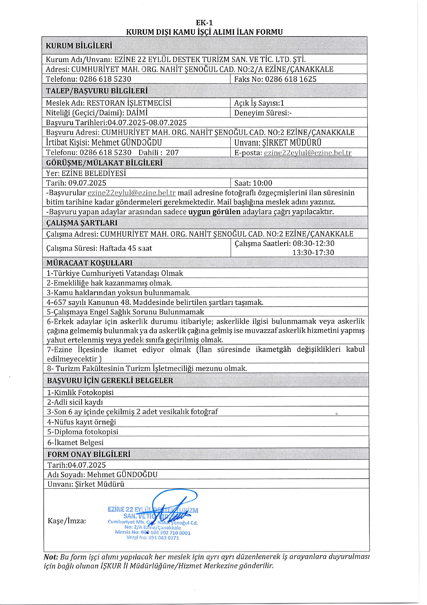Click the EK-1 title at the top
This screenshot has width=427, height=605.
pos(204,23)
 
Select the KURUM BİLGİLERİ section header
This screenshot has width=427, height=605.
pos(79,46)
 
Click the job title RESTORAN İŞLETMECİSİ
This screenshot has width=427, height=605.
pos(129,103)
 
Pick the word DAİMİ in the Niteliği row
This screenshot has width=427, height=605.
pos(137,113)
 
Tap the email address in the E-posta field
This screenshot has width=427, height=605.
pos(307,153)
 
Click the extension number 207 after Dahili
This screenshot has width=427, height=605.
pos(172,153)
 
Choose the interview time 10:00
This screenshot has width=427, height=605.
pos(262,183)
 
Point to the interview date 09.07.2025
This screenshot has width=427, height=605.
pos(87,183)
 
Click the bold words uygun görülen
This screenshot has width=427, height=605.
pos(214,212)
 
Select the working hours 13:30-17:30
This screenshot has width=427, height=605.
pos(313,252)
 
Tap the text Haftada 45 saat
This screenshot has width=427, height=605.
pos(126,248)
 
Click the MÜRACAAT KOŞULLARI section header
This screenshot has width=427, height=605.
pos(89,263)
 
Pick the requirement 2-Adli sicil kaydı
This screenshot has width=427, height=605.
pos(75,402)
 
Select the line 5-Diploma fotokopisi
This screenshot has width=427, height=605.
pos(83,432)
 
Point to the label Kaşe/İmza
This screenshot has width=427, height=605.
pos(67,521)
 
